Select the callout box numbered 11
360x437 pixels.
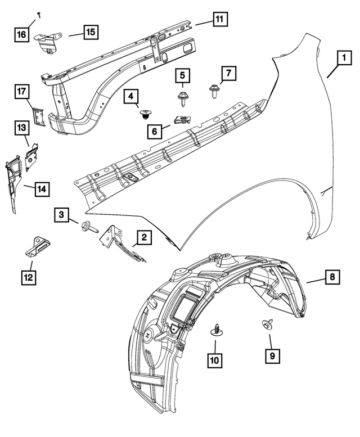(x=219, y=19)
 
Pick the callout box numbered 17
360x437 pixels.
(x=22, y=91)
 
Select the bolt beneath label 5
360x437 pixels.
(x=183, y=99)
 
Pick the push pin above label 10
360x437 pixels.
(x=216, y=330)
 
